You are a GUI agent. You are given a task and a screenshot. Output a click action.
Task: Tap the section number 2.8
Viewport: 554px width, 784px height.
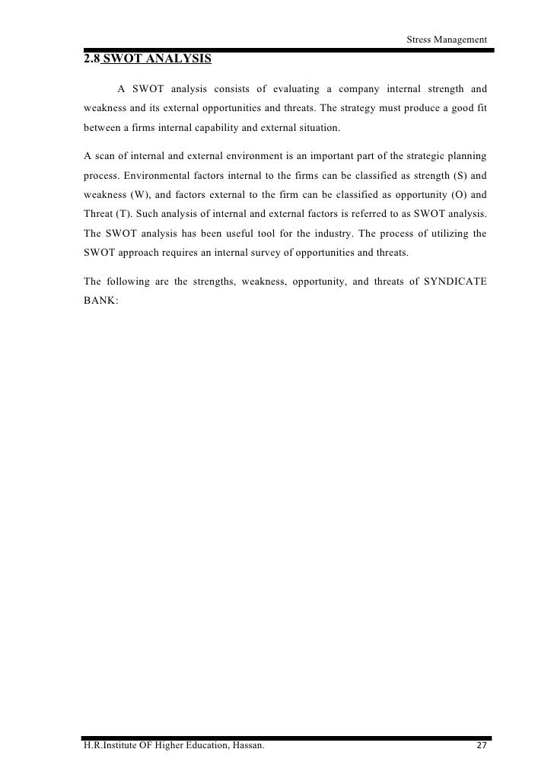point(92,59)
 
